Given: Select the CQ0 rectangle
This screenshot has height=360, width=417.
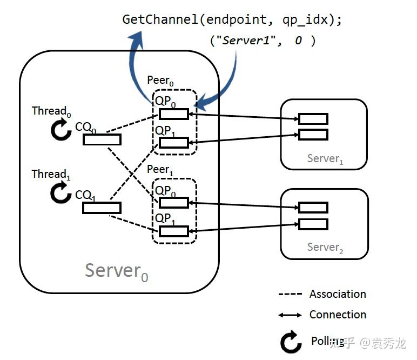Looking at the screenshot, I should click(102, 140).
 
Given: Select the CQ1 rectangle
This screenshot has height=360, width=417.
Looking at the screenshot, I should click(102, 208).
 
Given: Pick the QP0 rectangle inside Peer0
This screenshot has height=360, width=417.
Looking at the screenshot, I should click(173, 114).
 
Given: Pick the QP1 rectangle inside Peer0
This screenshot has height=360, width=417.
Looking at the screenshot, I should click(173, 143).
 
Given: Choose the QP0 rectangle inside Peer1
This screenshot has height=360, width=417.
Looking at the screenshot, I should click(173, 203).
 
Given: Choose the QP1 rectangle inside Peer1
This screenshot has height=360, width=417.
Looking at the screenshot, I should click(173, 231).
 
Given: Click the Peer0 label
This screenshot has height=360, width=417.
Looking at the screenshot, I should click(160, 81).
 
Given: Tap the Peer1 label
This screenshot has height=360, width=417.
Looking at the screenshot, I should click(160, 170).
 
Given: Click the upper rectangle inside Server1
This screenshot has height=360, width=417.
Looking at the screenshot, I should click(313, 119).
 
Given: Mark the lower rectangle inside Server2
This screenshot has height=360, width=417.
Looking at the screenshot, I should click(313, 224).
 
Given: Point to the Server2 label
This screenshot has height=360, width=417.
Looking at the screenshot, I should click(325, 248).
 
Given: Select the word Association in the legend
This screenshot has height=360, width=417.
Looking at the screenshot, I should click(338, 294).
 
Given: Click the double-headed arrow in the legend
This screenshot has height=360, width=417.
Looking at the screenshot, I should click(290, 315).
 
